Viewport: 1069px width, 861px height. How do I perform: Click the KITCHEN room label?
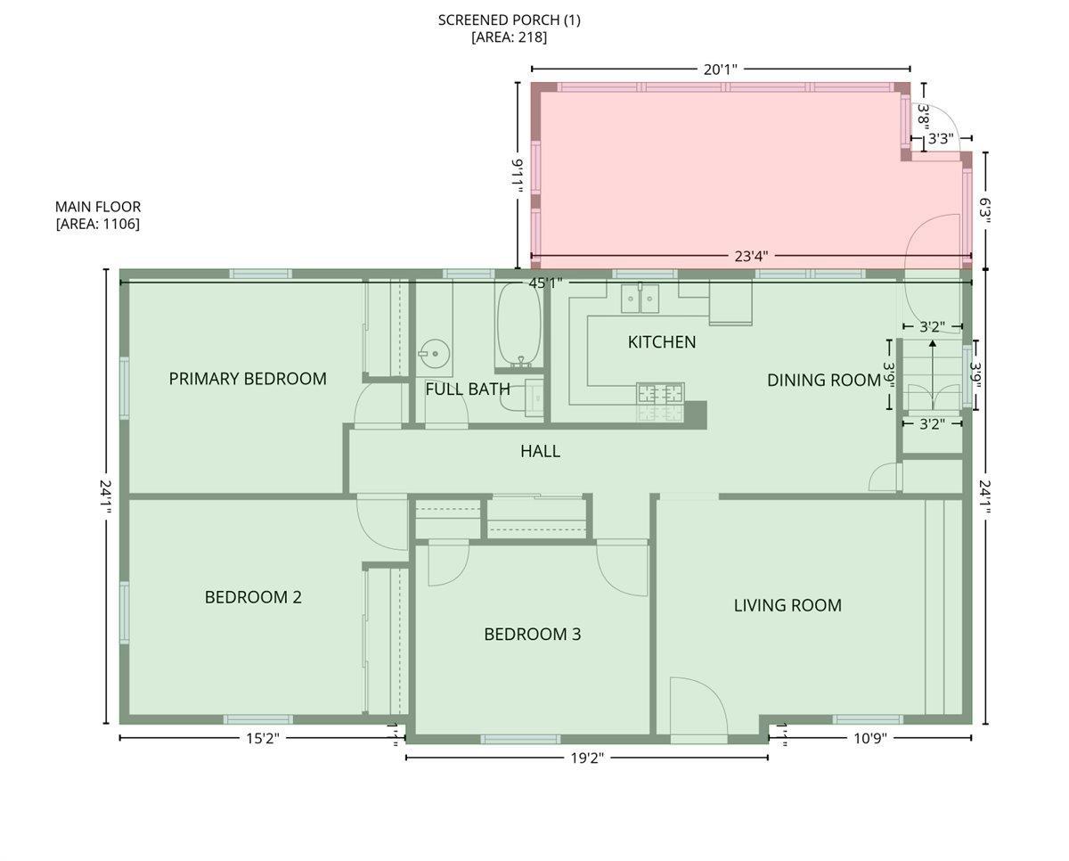point(662,342)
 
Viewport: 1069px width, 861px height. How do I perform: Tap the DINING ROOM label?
point(824,381)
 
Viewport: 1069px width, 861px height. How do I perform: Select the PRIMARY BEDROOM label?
point(248,379)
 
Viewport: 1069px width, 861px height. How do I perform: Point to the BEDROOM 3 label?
point(533,635)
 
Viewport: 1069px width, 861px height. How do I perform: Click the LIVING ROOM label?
point(787,605)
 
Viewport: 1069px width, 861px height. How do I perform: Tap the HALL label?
point(541,451)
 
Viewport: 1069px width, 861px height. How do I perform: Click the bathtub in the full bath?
point(518,324)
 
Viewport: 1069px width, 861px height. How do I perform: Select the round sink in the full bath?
point(434,354)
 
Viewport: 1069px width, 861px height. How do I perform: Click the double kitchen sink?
point(640,299)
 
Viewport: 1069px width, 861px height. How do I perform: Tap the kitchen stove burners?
point(660,394)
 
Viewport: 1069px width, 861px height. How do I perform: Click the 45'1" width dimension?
point(545,283)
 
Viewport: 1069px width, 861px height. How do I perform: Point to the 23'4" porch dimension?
point(751,256)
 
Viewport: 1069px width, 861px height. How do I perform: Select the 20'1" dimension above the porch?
point(721,70)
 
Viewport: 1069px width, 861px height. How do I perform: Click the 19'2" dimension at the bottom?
point(587,758)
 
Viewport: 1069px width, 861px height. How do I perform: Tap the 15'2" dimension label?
point(263,739)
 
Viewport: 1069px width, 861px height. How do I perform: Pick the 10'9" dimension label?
point(870,739)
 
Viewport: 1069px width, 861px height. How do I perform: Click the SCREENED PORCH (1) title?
point(510,20)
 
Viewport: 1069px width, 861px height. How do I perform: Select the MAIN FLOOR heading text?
point(98,207)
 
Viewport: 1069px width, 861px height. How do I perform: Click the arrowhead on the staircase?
point(933,343)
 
